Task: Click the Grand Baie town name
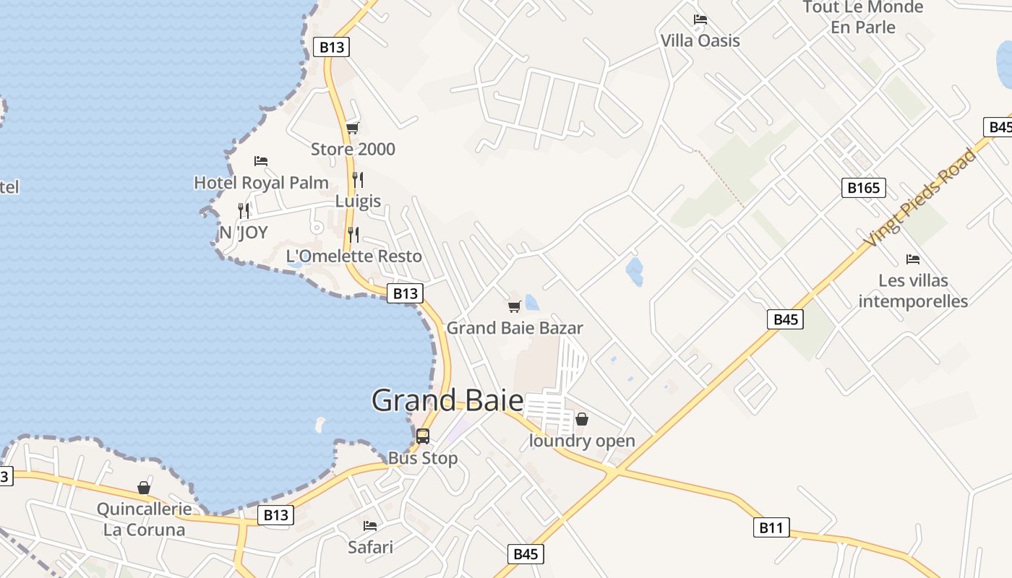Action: (x=447, y=400)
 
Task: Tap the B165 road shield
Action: (x=864, y=189)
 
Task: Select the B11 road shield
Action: (x=771, y=528)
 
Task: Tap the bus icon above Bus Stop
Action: (x=423, y=436)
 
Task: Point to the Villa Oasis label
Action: (x=700, y=40)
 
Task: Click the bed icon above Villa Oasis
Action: (x=700, y=20)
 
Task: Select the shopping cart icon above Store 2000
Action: (x=353, y=129)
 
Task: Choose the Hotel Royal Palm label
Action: (x=261, y=183)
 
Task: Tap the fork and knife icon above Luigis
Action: (x=358, y=179)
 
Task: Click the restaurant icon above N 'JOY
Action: (x=244, y=211)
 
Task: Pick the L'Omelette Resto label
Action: (x=353, y=256)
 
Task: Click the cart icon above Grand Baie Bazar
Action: (x=515, y=307)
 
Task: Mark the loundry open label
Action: (x=582, y=441)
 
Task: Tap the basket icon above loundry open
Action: (x=582, y=419)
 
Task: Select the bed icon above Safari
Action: (x=370, y=526)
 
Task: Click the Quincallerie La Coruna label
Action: (x=145, y=519)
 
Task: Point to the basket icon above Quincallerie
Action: (x=144, y=488)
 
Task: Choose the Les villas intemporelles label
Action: (x=913, y=290)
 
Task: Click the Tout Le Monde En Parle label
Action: (x=863, y=17)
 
